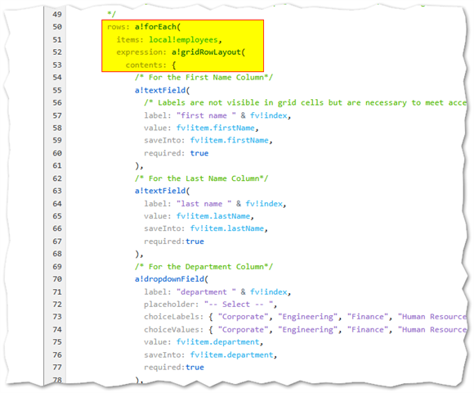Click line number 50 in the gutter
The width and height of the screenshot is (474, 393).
(57, 27)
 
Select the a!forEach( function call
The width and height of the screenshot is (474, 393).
(158, 27)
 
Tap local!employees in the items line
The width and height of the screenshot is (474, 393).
(183, 39)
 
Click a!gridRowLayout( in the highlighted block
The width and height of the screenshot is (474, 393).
(208, 52)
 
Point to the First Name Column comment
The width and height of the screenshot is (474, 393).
(203, 78)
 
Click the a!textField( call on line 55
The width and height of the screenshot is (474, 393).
(163, 90)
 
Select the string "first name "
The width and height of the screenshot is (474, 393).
(206, 115)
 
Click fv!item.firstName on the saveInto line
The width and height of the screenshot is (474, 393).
(229, 141)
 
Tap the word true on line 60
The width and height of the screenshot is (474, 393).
(199, 153)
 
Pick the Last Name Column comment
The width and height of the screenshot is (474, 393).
(201, 178)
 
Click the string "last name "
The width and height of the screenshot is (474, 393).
(204, 204)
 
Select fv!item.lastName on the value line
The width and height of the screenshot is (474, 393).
(213, 216)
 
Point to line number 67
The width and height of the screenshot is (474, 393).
(57, 242)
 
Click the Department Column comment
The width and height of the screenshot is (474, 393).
(203, 267)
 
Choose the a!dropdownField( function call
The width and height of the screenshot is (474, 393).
(172, 279)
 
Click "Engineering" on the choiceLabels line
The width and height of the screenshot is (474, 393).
(307, 317)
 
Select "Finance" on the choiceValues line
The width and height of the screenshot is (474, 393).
(367, 329)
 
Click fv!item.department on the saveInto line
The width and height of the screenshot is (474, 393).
(231, 355)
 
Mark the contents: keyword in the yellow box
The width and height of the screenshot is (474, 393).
(146, 65)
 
